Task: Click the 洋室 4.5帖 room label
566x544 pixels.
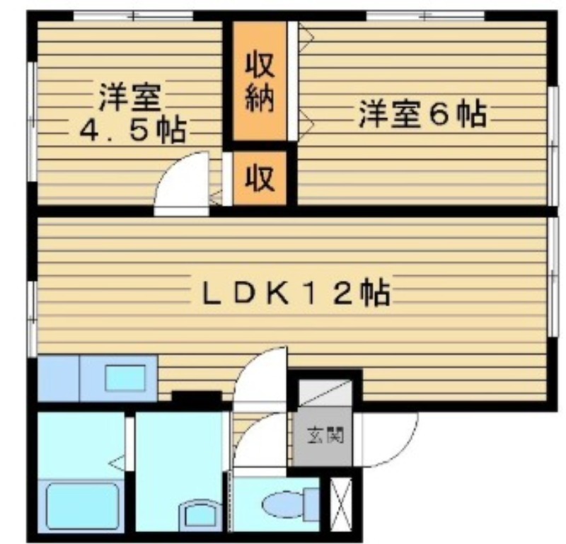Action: click(x=132, y=113)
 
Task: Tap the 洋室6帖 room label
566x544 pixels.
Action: click(x=422, y=115)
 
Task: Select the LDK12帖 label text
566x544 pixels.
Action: click(x=296, y=293)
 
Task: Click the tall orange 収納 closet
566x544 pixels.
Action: click(x=260, y=81)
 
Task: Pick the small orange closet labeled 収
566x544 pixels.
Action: click(x=260, y=178)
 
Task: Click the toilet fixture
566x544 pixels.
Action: click(x=291, y=504)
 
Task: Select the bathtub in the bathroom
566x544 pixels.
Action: click(x=83, y=505)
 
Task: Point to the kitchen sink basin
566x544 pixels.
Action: click(x=125, y=378)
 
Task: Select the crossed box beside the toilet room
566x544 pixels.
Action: click(x=341, y=504)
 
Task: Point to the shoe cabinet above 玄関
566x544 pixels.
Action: click(x=325, y=393)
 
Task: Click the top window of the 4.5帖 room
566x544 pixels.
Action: click(x=133, y=16)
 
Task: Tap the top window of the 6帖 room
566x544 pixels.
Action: click(x=425, y=16)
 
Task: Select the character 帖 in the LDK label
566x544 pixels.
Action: click(x=376, y=293)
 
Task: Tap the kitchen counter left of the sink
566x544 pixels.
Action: click(x=59, y=378)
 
